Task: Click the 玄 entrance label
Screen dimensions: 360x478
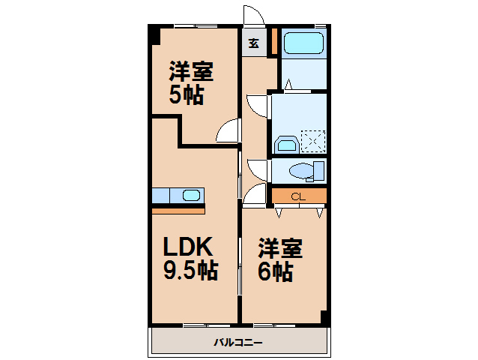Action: [x=254, y=43]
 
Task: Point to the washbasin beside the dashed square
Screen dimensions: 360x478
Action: [x=285, y=143]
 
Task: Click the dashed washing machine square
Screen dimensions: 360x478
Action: [x=313, y=141]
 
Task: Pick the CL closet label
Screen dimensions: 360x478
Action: [x=298, y=196]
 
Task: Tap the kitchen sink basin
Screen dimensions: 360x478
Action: [x=191, y=196]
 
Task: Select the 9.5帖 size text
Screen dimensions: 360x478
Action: [x=191, y=270]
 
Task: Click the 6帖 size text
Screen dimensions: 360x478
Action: [x=276, y=272]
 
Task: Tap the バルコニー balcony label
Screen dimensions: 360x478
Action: [x=238, y=342]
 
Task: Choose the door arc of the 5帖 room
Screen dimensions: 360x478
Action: [x=226, y=133]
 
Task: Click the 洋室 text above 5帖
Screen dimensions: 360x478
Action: [x=191, y=73]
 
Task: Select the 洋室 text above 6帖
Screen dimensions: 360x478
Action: [x=281, y=248]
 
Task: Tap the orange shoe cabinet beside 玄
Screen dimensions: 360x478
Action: [x=275, y=40]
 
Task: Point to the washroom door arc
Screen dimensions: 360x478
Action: [x=256, y=104]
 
